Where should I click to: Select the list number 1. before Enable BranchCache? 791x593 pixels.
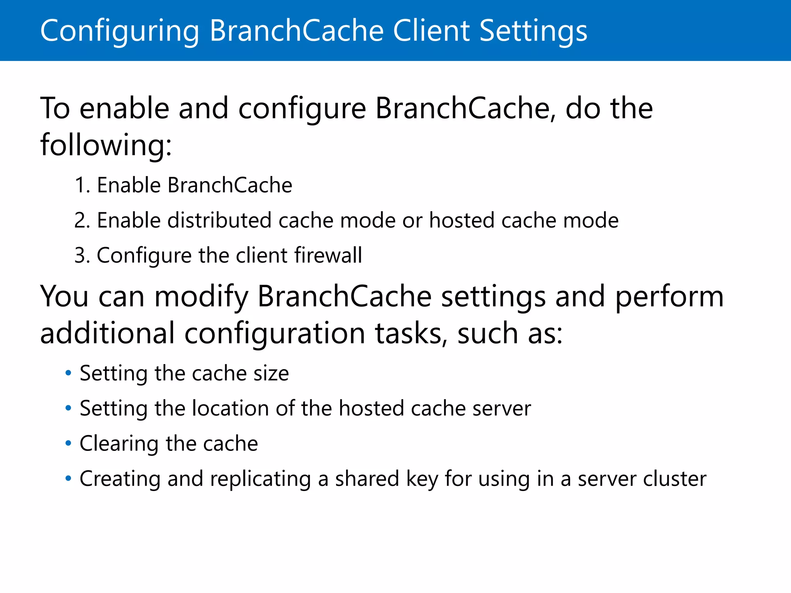click(x=81, y=185)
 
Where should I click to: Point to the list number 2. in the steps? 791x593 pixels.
click(x=81, y=220)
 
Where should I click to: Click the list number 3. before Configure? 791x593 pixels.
click(x=81, y=256)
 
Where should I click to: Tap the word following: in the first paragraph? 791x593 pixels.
click(x=106, y=145)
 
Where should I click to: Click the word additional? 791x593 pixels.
click(x=107, y=333)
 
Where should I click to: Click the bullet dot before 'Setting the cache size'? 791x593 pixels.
click(x=68, y=373)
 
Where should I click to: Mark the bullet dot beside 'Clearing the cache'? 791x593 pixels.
click(x=68, y=443)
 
